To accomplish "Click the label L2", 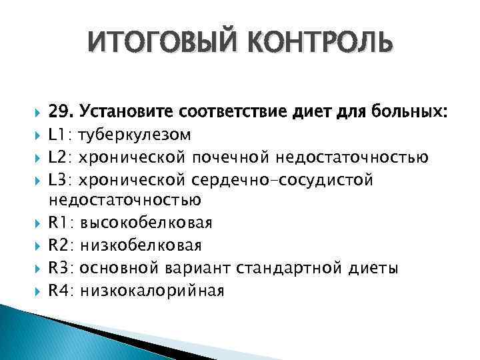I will click(x=61, y=157).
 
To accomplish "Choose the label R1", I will click(x=62, y=223).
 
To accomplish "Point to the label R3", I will click(x=62, y=269).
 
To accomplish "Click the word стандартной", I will click(x=295, y=269).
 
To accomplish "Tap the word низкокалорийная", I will click(x=151, y=291).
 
